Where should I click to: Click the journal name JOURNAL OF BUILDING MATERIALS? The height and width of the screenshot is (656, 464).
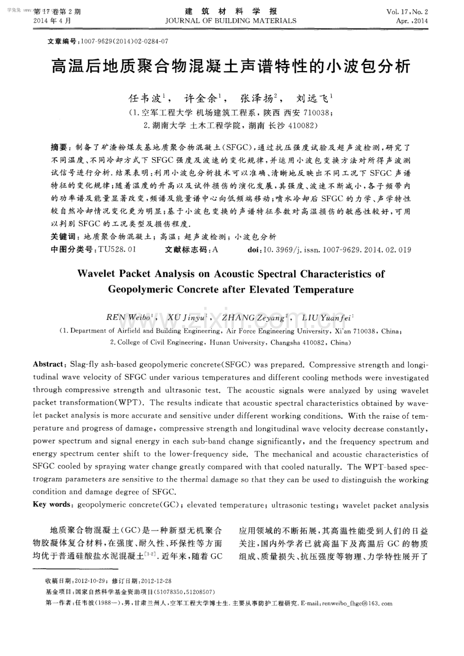pyautogui.click(x=231, y=21)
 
